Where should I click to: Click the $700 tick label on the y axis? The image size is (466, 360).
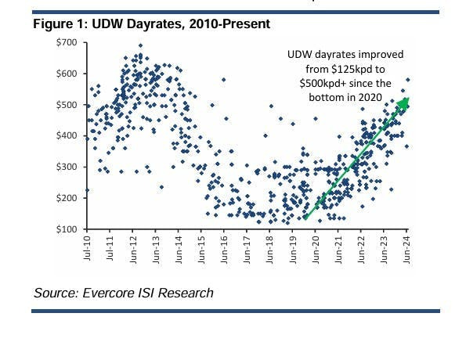pos(67,41)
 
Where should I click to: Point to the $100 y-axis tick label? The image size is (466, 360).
pos(67,229)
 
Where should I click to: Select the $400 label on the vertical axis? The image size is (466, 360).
pos(67,135)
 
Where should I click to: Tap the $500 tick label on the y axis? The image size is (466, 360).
pos(67,104)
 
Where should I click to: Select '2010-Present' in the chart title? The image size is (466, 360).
pos(232,25)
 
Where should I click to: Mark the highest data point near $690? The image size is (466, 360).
pos(140,45)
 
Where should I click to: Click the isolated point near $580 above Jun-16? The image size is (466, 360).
pos(224,79)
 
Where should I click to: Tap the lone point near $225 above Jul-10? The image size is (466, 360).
pos(86,190)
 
